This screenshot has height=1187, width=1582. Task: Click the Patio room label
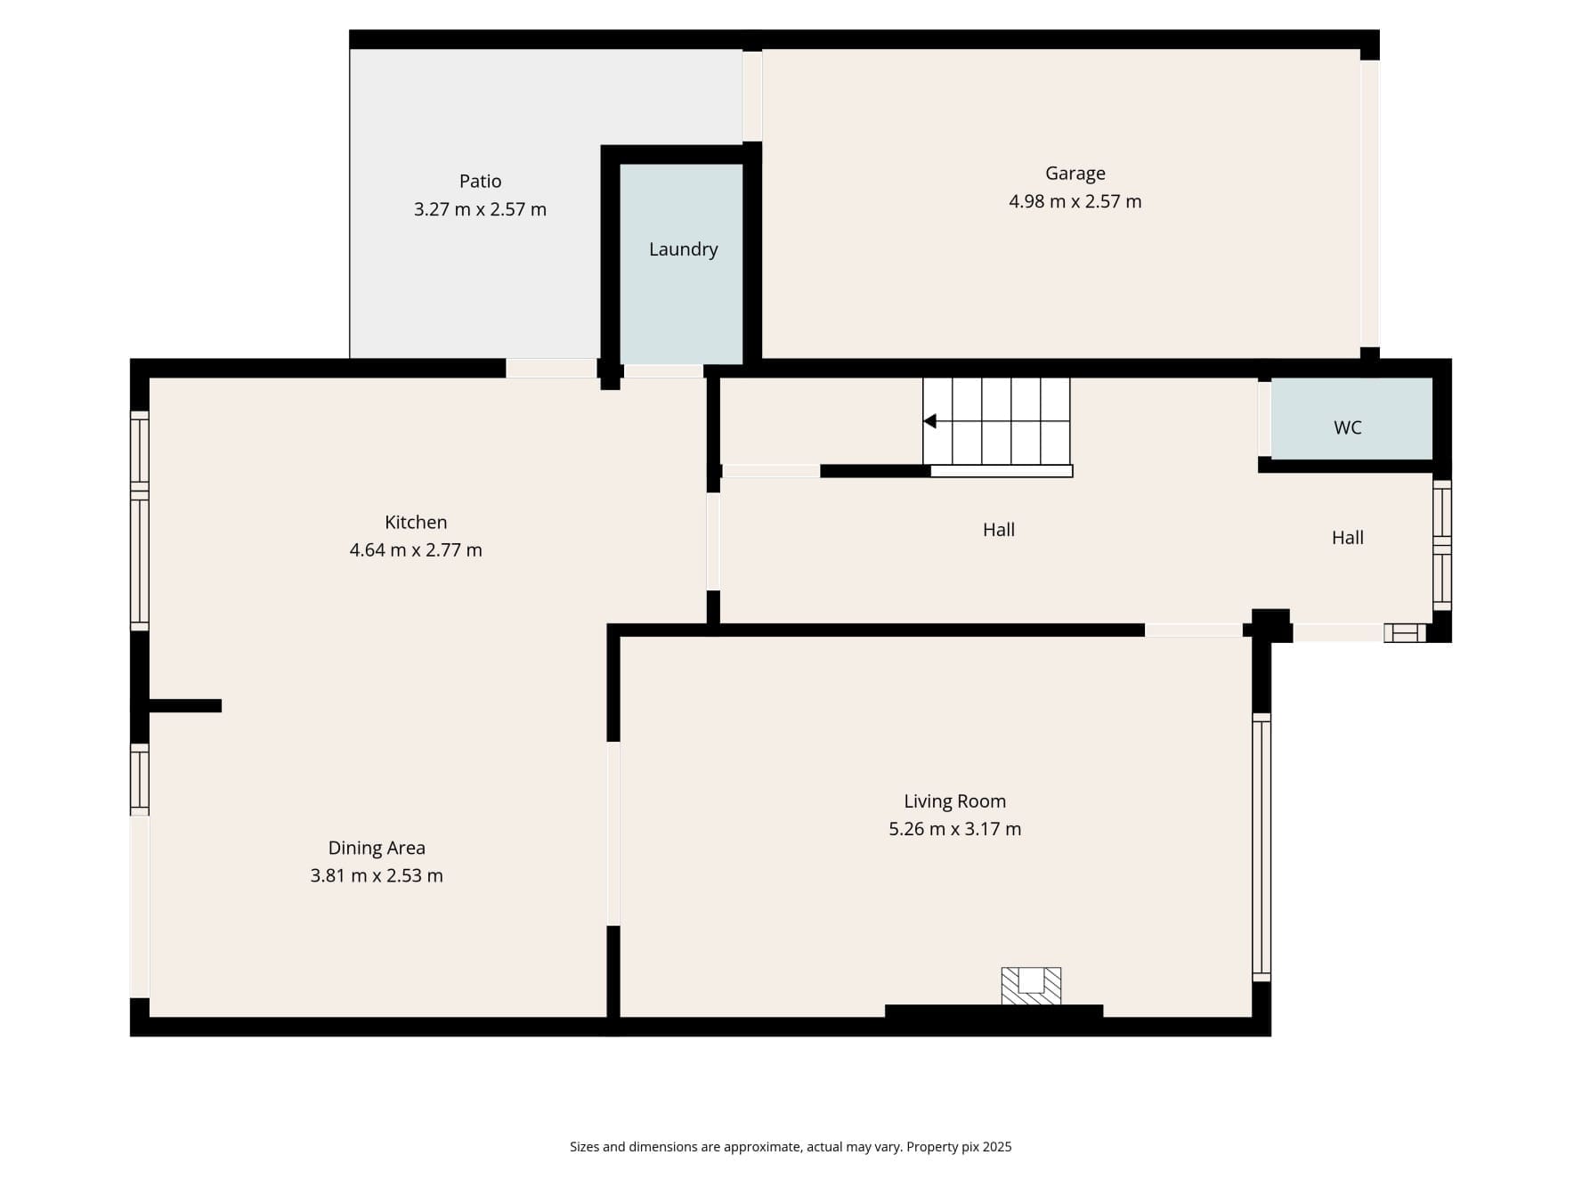pyautogui.click(x=480, y=181)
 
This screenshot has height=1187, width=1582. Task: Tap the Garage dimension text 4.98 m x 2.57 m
pyautogui.click(x=1075, y=201)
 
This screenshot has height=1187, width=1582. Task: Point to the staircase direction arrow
pyautogui.click(x=930, y=421)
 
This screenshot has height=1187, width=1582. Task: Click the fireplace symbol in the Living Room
pyautogui.click(x=1031, y=985)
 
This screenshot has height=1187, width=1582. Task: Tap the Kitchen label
pyautogui.click(x=416, y=522)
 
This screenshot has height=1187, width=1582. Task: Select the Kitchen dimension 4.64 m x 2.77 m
pyautogui.click(x=416, y=550)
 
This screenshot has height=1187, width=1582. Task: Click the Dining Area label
pyautogui.click(x=377, y=848)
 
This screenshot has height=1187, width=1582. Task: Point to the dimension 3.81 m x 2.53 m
pyautogui.click(x=377, y=876)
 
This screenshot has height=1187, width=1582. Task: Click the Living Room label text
pyautogui.click(x=954, y=801)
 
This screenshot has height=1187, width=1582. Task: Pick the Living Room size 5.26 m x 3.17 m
pyautogui.click(x=954, y=829)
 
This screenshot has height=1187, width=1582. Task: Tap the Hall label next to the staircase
pyautogui.click(x=998, y=530)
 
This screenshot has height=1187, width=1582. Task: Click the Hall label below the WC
pyautogui.click(x=1347, y=538)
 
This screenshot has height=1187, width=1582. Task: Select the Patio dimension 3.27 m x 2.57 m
pyautogui.click(x=480, y=209)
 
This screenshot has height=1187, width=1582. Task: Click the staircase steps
pyautogui.click(x=997, y=421)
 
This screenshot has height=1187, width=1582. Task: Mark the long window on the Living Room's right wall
pyautogui.click(x=1262, y=846)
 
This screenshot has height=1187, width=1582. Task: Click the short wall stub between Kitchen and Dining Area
pyautogui.click(x=185, y=706)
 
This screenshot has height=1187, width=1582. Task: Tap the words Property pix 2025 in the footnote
pyautogui.click(x=959, y=1147)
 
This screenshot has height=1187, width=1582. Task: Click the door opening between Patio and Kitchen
pyautogui.click(x=551, y=368)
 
